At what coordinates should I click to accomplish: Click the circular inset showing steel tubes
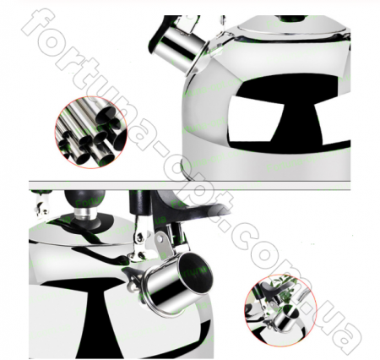point(90,133)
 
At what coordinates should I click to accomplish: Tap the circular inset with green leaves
point(280,311)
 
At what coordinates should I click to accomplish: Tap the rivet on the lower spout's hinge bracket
point(160,239)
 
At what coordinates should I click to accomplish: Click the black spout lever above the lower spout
point(180,209)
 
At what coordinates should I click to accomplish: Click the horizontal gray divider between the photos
point(189,185)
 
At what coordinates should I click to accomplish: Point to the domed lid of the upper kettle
point(293,26)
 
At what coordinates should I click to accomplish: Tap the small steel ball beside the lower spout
point(130,287)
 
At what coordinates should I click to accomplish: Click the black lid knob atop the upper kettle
point(290,19)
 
